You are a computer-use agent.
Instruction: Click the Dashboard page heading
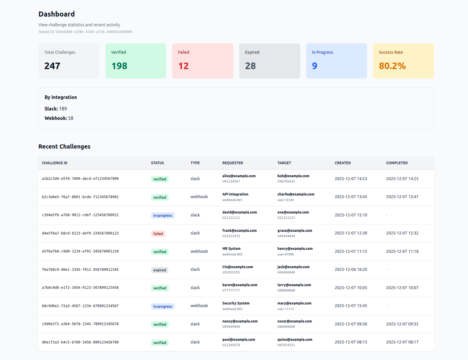[56, 14]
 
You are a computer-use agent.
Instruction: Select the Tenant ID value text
[94, 32]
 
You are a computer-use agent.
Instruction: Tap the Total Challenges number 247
[52, 66]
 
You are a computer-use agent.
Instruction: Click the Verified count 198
[119, 66]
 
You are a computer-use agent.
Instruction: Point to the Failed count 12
[183, 66]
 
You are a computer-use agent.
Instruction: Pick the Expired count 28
[250, 66]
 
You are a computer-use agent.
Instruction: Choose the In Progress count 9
[314, 66]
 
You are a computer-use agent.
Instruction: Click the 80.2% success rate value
[392, 66]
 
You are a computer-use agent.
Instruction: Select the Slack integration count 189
[63, 109]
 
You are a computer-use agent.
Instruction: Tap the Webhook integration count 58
[71, 118]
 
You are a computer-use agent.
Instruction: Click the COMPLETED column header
[397, 163]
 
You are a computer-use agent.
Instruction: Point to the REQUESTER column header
[233, 163]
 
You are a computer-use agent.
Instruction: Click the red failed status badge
[158, 234]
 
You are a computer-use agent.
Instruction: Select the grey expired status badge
[159, 270]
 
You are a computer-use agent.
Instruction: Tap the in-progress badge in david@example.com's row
[162, 215]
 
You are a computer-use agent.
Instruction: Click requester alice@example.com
[239, 176]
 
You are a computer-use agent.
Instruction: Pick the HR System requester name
[231, 249]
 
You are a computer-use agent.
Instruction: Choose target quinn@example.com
[295, 340]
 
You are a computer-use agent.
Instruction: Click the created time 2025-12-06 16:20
[351, 269]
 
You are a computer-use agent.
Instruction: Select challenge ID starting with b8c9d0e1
[80, 306]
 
